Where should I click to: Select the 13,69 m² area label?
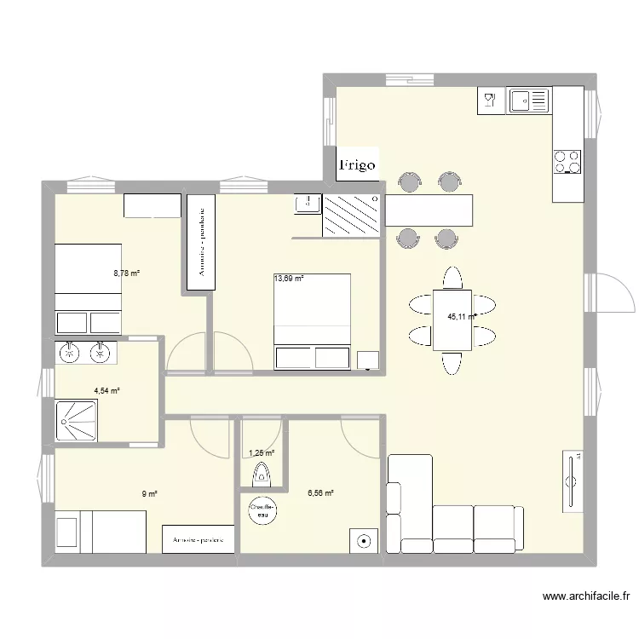point(289,278)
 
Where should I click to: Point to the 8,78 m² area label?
point(126,273)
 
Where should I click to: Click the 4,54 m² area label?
point(106,392)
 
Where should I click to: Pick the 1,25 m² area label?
point(261,454)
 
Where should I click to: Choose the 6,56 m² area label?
point(320,492)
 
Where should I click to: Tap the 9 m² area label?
point(150,493)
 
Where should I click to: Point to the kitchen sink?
point(529,101)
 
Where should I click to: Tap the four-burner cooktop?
point(567,161)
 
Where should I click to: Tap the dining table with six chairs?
point(452,319)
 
